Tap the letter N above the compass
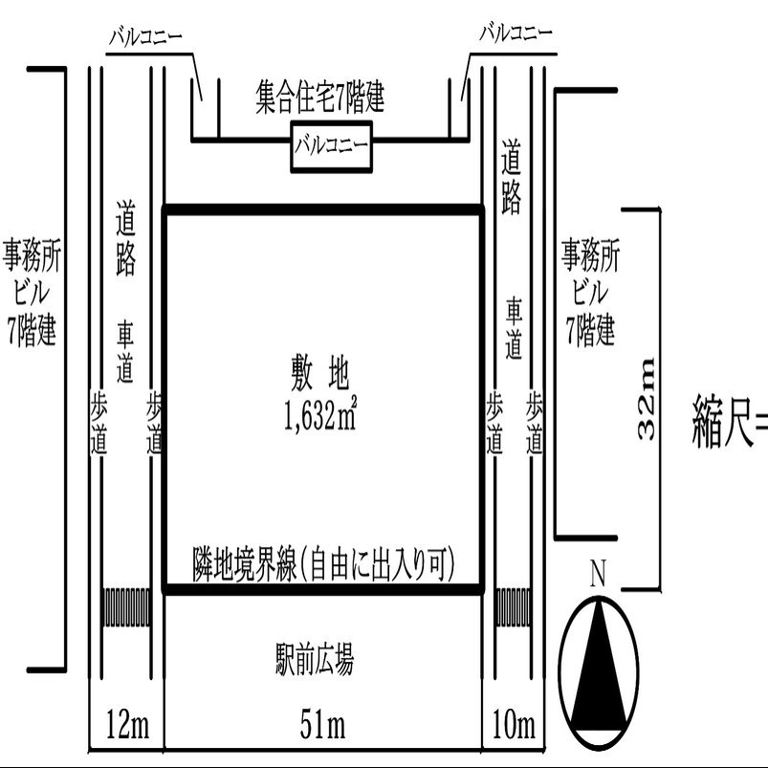pyautogui.click(x=599, y=574)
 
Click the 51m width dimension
pyautogui.click(x=323, y=726)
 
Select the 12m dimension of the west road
pyautogui.click(x=127, y=726)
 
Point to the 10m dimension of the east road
pyautogui.click(x=513, y=726)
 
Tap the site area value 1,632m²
pyautogui.click(x=321, y=416)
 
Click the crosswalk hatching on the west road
pyautogui.click(x=127, y=606)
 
